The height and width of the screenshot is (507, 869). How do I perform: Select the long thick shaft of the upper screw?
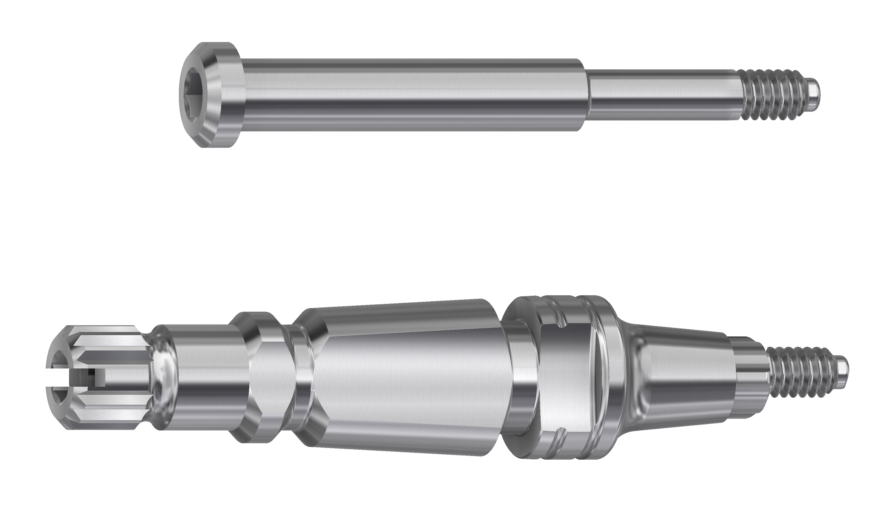click(x=414, y=95)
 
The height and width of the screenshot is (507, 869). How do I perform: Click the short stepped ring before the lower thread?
click(x=752, y=377)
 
